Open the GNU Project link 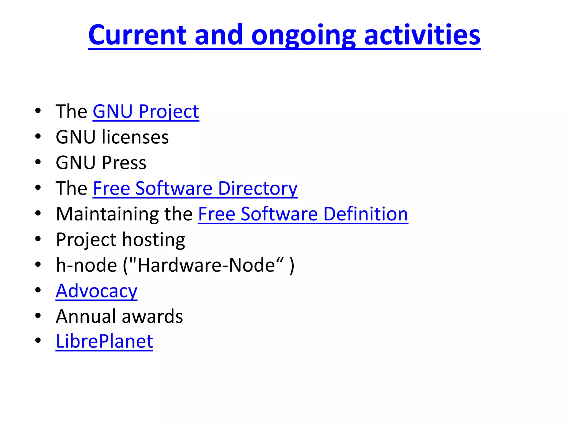pos(146,111)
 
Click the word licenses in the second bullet pos(135,137)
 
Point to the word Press pos(124,163)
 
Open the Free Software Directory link pos(195,188)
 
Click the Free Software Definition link pos(303,214)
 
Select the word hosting pos(153,240)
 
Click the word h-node pos(86,265)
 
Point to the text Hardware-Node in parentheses pos(206,265)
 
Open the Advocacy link pos(96,291)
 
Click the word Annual pos(86,317)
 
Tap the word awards pos(152,317)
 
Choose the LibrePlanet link pos(104,342)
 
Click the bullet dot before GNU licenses pos(38,136)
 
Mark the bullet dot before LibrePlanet pos(38,341)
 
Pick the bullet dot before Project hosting pos(38,239)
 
